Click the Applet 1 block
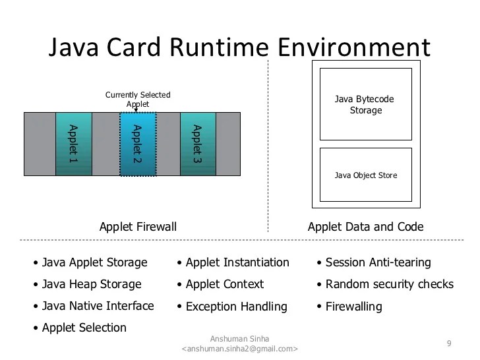click(73, 144)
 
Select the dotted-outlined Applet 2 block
click(138, 144)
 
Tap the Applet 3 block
click(198, 144)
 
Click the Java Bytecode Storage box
click(365, 104)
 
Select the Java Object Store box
click(365, 175)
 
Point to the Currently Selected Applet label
click(138, 100)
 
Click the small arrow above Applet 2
click(136, 110)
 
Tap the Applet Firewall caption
click(138, 227)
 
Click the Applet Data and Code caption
click(365, 227)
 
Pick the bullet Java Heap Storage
click(92, 284)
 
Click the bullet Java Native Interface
click(98, 306)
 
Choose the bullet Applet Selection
click(84, 328)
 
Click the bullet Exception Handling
click(236, 307)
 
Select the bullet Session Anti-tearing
click(378, 262)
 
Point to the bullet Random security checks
click(389, 284)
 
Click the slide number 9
click(449, 344)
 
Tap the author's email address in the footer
click(239, 349)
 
